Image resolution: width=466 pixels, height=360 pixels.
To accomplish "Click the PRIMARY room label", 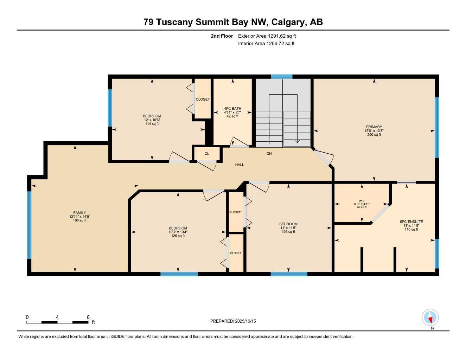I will point(374,127).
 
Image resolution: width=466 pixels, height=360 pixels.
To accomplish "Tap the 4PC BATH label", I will point(232,108).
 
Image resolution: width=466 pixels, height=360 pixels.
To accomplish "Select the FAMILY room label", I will point(79,213).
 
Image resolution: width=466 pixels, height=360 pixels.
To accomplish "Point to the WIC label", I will point(362,201).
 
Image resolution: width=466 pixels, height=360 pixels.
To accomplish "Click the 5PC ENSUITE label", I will point(411,222).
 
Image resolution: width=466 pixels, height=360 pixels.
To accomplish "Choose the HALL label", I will point(240,165).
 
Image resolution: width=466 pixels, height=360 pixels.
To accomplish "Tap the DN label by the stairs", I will point(269,154).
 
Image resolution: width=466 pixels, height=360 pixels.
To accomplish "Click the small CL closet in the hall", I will point(207,154).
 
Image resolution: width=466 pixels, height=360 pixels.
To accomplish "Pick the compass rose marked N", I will point(430,318).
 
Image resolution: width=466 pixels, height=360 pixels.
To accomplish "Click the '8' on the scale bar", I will point(88,317).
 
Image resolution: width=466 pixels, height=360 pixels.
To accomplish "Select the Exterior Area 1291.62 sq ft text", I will point(267,36).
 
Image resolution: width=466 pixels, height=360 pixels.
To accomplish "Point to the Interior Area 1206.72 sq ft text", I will point(266,44).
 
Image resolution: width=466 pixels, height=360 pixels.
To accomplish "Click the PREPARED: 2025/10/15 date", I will point(233,321).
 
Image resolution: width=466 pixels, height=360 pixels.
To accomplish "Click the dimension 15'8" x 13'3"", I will point(374,131).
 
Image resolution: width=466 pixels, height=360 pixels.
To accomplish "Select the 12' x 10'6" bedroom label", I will point(152,120).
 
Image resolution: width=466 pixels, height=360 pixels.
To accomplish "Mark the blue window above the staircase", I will point(282,77).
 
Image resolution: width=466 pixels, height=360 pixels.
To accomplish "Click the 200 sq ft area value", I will point(374,135).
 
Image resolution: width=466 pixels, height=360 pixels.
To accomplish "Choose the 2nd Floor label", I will point(222,36).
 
